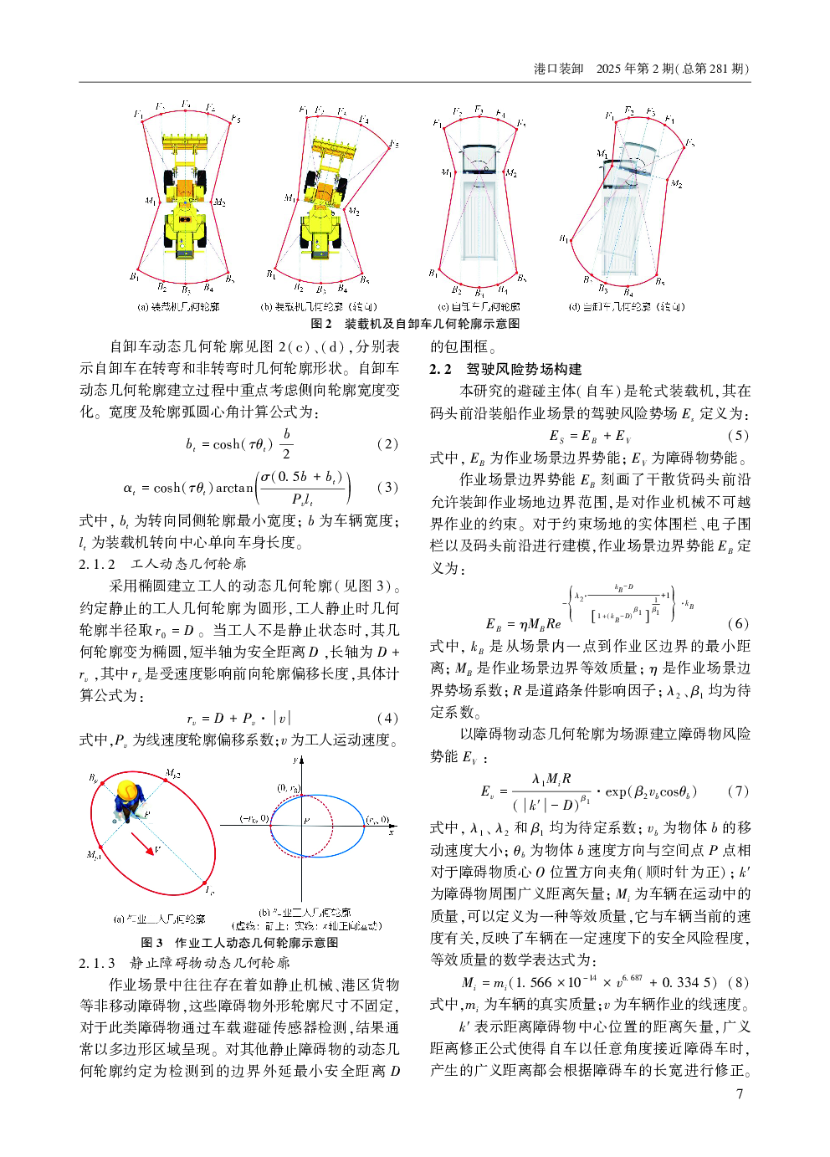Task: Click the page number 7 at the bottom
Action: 739,1094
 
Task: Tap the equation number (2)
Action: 387,444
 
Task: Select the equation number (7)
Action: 738,791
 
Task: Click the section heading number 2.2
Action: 441,369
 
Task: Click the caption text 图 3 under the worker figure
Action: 151,942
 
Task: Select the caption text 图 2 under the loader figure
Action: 321,324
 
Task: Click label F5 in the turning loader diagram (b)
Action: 394,144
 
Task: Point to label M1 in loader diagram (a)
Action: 150,201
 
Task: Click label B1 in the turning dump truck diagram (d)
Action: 564,239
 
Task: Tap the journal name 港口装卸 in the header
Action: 558,69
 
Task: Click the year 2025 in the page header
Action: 608,69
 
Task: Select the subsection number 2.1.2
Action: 97,564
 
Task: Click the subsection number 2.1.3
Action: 97,963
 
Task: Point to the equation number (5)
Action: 738,435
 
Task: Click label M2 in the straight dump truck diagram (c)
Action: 511,173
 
